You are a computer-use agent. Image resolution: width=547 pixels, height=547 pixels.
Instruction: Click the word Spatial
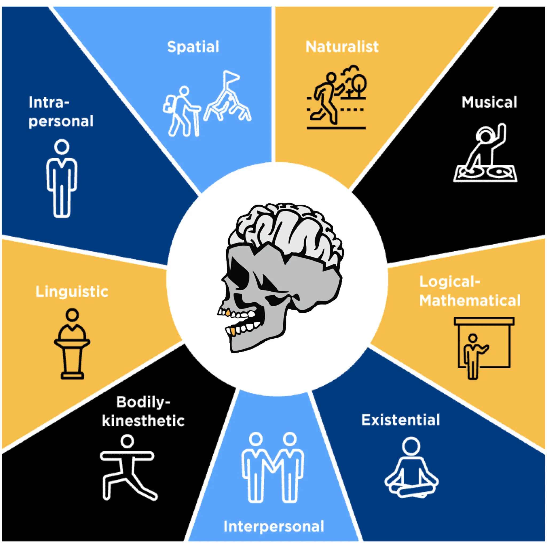pos(193,47)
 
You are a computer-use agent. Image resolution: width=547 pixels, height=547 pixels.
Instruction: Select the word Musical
pos(489,102)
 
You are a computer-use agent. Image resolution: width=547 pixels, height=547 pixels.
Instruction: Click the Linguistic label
pos(72,292)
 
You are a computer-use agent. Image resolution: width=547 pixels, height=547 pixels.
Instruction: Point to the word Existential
pos(400,420)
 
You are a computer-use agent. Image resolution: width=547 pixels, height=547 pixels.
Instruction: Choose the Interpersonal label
pos(273,527)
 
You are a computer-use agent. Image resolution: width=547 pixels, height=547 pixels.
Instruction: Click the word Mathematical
pos(470,300)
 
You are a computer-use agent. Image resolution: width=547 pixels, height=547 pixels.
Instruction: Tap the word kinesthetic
pos(143,421)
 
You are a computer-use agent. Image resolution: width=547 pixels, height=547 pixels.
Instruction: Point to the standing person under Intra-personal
pos(62,178)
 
